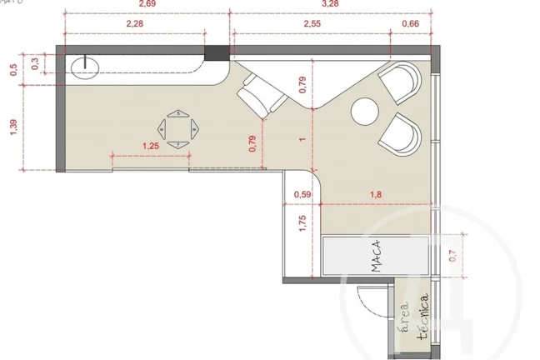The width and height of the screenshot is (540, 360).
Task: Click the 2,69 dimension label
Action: tap(147, 4)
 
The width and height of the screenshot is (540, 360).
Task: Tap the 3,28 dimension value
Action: tap(330, 4)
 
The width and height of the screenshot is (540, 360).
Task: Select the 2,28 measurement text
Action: tap(134, 24)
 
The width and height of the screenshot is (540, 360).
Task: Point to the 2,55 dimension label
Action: tap(312, 24)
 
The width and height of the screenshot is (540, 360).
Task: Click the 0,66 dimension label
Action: tap(411, 24)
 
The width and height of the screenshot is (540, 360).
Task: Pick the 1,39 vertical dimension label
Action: tap(13, 127)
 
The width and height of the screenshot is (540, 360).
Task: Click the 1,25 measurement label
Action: tap(151, 146)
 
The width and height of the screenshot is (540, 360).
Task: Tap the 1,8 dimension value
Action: tap(376, 195)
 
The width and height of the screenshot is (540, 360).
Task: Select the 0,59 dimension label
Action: tap(302, 195)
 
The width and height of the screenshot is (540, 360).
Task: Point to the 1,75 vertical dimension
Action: tap(302, 223)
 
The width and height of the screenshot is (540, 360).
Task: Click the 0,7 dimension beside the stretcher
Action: tap(452, 256)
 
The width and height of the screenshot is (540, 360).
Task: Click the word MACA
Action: tap(376, 256)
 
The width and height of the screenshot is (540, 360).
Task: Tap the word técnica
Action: tap(422, 316)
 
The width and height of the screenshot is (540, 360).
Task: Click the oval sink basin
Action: tap(85, 67)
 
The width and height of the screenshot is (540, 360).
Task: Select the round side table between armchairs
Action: tap(365, 112)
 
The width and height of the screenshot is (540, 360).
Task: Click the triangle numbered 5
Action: tap(178, 113)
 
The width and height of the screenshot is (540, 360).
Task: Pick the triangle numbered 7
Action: tap(178, 145)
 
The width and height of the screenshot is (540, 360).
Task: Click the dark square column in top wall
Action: tap(217, 53)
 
